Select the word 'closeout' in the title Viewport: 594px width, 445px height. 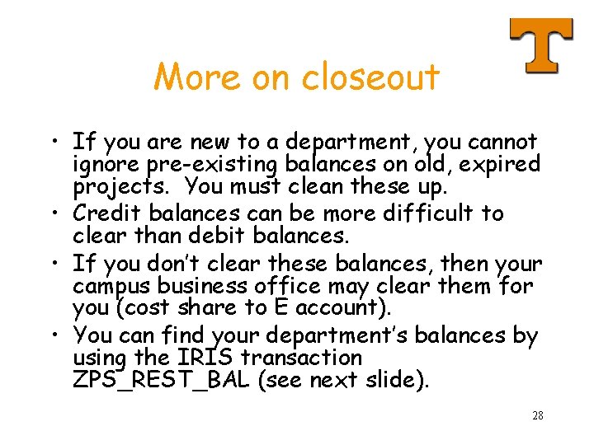pyautogui.click(x=370, y=77)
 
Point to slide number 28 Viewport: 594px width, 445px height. pyautogui.click(x=537, y=415)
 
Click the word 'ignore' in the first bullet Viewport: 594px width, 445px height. pyautogui.click(x=103, y=163)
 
